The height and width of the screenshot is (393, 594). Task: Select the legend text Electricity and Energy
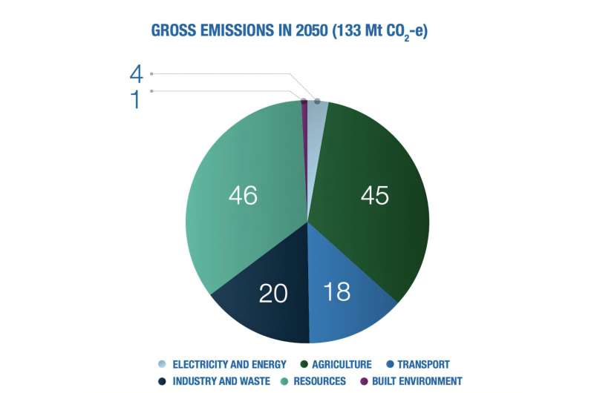[x=229, y=364]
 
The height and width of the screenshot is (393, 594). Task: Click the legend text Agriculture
[x=342, y=364]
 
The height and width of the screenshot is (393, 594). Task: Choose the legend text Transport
[x=423, y=364]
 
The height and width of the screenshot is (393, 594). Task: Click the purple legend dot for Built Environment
[x=364, y=381]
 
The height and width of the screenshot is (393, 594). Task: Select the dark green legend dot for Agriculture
[x=305, y=364]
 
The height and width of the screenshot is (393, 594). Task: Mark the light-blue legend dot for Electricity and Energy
[x=163, y=364]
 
